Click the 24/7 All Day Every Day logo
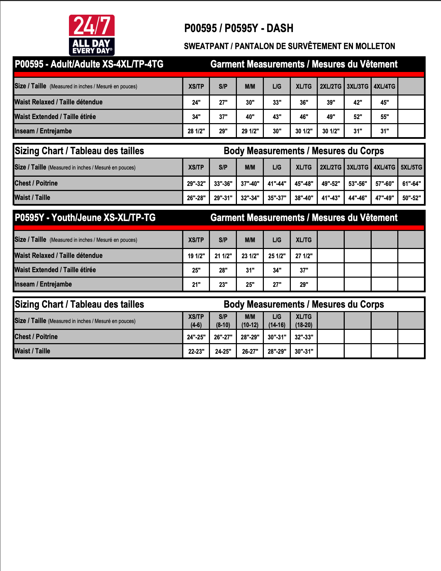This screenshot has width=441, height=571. [91, 35]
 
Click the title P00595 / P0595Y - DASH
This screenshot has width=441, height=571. [239, 28]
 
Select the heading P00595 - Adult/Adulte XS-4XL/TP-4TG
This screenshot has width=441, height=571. [89, 64]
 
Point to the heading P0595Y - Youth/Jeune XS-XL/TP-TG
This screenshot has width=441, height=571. [85, 218]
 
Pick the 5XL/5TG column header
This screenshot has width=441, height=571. [411, 167]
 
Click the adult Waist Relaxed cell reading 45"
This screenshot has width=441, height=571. [384, 102]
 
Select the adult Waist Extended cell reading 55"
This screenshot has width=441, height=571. [384, 117]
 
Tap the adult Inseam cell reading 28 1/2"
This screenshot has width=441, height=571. [196, 131]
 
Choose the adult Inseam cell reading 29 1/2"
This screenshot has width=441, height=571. [250, 131]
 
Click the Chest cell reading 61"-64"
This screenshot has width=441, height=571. [411, 184]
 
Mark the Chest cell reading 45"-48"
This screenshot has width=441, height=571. [304, 184]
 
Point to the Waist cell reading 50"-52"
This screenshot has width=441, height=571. [411, 198]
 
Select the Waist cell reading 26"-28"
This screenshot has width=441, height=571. [196, 198]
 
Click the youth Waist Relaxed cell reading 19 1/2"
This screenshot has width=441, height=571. [196, 256]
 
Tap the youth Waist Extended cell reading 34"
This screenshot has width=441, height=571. [277, 270]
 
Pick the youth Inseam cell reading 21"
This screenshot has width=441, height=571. [196, 284]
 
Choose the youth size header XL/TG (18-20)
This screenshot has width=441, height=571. [304, 321]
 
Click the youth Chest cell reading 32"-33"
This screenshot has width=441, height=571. [304, 337]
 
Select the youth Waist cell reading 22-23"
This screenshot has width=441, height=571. [196, 351]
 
